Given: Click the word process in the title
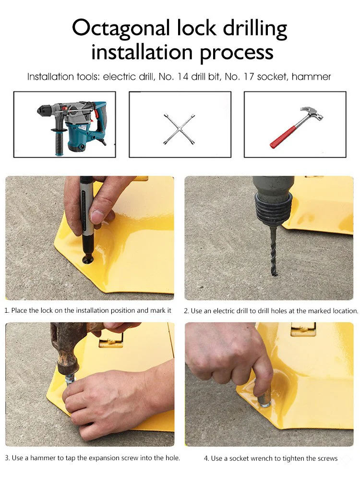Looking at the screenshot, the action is [x=237, y=53].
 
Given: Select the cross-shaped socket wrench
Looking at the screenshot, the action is [x=180, y=129].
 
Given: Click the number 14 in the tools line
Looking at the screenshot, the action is [x=183, y=77].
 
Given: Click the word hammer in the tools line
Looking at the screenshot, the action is [x=311, y=77].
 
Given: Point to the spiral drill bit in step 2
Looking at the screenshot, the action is [x=274, y=252].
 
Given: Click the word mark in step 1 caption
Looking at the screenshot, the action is [x=157, y=310].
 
